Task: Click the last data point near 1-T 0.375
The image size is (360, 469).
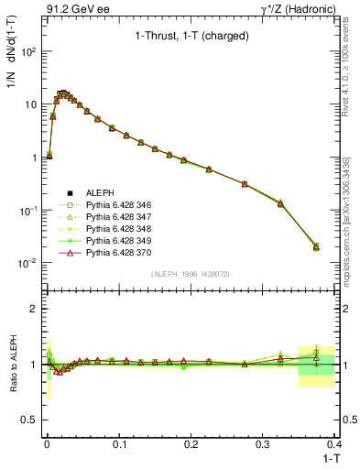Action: point(317,246)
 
